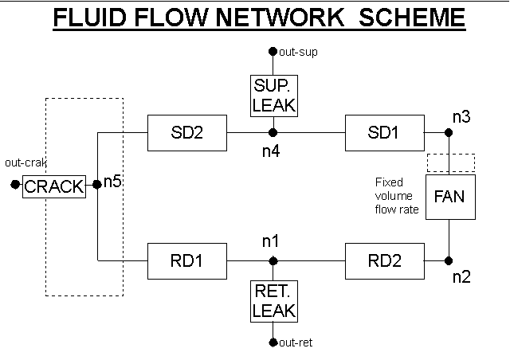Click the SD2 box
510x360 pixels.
187,133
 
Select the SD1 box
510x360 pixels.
384,133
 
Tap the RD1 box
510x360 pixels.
187,260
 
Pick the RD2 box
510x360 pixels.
384,260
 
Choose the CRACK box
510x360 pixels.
54,186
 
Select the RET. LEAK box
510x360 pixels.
273,302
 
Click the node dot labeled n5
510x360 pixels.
97,185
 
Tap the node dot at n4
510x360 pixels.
273,133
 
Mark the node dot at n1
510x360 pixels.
273,260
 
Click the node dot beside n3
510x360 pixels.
449,133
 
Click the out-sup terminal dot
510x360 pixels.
273,52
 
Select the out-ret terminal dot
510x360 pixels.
273,343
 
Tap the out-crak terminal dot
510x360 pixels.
14,185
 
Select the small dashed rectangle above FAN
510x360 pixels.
451,162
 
